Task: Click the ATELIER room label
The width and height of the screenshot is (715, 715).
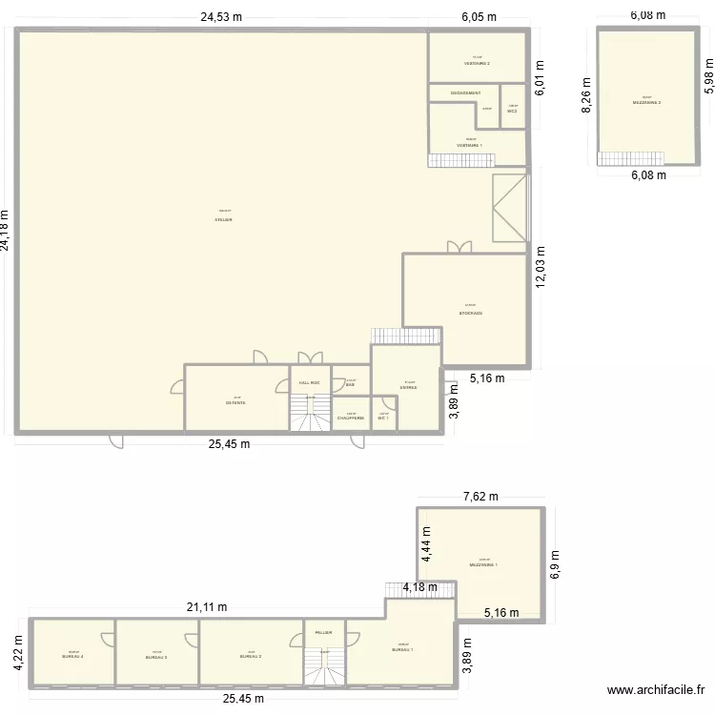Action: point(224,219)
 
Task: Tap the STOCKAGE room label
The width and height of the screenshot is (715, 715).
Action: point(471,313)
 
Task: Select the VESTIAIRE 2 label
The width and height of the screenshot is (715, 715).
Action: point(477,64)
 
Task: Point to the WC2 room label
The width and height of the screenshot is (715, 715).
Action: point(512,112)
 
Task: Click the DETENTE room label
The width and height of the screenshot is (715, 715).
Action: point(235,402)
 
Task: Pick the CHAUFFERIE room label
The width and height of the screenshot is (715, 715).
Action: point(351,418)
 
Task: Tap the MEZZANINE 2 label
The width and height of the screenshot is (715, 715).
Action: point(646,102)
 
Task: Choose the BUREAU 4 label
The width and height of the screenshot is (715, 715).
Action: point(73,657)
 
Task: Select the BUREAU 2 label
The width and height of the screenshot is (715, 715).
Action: point(251,657)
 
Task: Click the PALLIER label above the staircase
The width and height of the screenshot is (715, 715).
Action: point(324,631)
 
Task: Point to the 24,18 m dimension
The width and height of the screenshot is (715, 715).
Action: point(9,230)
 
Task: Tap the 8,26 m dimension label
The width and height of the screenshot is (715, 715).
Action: point(587,95)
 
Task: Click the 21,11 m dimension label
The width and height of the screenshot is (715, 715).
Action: point(208,607)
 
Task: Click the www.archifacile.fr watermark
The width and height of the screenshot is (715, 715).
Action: point(656,691)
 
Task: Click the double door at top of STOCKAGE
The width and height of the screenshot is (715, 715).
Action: point(459,247)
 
